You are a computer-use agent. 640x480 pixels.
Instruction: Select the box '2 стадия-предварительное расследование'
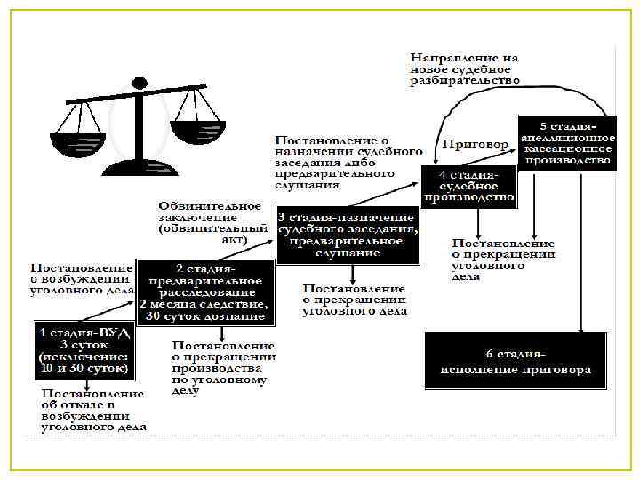click(204, 290)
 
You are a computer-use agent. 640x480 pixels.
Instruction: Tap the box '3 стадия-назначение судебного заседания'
click(347, 236)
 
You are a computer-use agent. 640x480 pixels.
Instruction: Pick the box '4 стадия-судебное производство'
click(468, 185)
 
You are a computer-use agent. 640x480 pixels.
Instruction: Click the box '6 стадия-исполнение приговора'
click(515, 360)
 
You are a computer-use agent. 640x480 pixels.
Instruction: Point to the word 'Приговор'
click(476, 143)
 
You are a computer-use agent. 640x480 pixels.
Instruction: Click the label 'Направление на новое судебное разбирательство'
click(465, 68)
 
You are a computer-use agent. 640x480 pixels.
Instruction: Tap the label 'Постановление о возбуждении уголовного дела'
click(82, 278)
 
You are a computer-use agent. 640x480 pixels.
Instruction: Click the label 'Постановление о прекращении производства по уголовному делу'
click(223, 366)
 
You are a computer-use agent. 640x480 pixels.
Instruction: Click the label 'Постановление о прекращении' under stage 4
click(503, 259)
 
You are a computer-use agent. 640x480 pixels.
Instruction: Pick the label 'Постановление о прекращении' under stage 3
click(354, 300)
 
